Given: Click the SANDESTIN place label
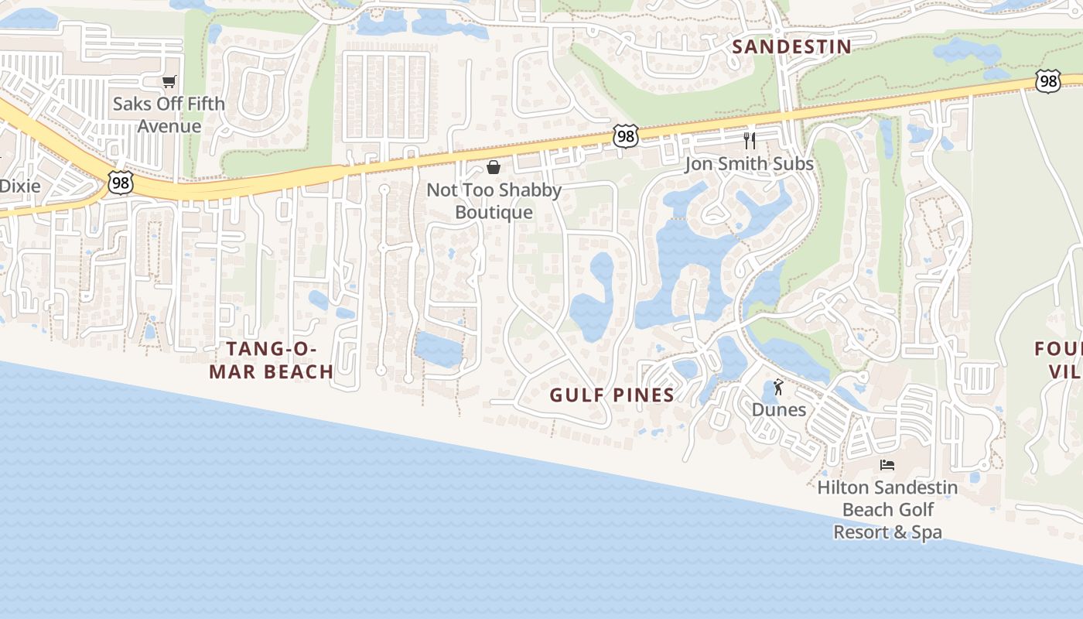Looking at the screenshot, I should coord(791,46).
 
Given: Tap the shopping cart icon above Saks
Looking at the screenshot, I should coord(169,81).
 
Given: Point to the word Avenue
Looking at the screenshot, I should coord(169,126).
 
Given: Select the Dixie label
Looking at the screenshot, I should coord(20,186).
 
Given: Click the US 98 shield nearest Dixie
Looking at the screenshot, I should coord(121,183).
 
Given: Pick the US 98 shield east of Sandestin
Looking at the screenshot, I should coord(1048,81).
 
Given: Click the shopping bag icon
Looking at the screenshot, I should coord(494,167).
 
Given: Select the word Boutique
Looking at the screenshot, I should coord(494,212).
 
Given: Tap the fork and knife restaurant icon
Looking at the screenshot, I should coord(749,140).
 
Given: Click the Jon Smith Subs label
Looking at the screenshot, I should coord(749,164).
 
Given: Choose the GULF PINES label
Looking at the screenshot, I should coord(612,395).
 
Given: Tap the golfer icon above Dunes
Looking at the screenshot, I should coord(778,387).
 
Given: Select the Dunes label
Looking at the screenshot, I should coord(778,409).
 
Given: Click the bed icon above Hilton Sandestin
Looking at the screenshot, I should coord(887,465).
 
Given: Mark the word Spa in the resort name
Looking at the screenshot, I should coord(925,532).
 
